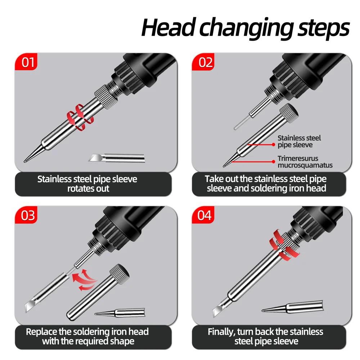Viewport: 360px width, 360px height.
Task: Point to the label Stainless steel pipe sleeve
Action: pyautogui.click(x=299, y=141)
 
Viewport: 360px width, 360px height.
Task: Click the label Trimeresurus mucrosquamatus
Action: pyautogui.click(x=305, y=162)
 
